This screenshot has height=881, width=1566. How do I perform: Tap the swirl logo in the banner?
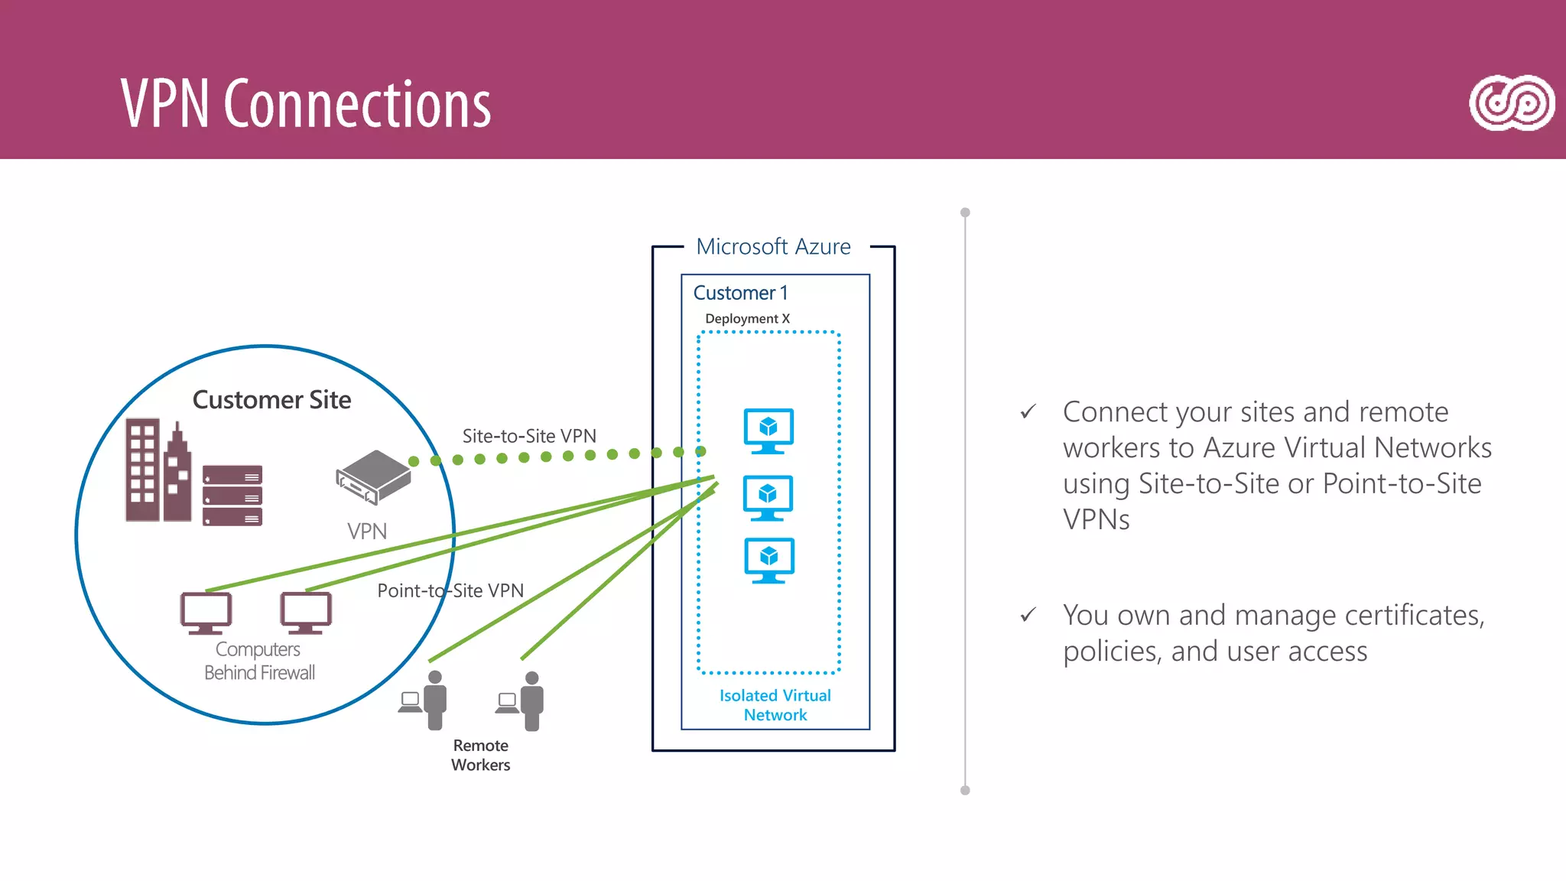pos(1512,103)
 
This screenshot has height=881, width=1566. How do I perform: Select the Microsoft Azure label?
pos(773,247)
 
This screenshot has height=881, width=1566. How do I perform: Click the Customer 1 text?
pos(740,293)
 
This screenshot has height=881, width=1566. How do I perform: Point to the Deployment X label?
pos(747,319)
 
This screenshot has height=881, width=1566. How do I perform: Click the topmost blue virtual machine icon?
pos(768,431)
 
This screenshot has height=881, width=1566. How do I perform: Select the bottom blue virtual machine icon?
pos(768,560)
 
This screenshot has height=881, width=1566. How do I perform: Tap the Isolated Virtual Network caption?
pos(775,705)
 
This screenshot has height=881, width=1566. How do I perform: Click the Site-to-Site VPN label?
pos(529,436)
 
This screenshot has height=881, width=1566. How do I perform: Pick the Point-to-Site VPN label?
pos(450,590)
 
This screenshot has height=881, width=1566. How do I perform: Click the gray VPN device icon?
pos(374,476)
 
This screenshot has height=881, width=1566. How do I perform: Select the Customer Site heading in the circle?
pos(271,400)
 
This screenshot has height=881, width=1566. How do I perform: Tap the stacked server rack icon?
pos(232,496)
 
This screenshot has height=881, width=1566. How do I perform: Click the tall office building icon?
pos(143,470)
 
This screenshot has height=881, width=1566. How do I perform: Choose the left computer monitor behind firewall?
pos(206,613)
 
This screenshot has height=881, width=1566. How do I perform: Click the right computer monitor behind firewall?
pos(306,613)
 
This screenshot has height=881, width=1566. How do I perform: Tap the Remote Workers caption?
pos(480,755)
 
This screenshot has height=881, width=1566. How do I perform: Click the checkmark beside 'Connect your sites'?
pos(1028,412)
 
